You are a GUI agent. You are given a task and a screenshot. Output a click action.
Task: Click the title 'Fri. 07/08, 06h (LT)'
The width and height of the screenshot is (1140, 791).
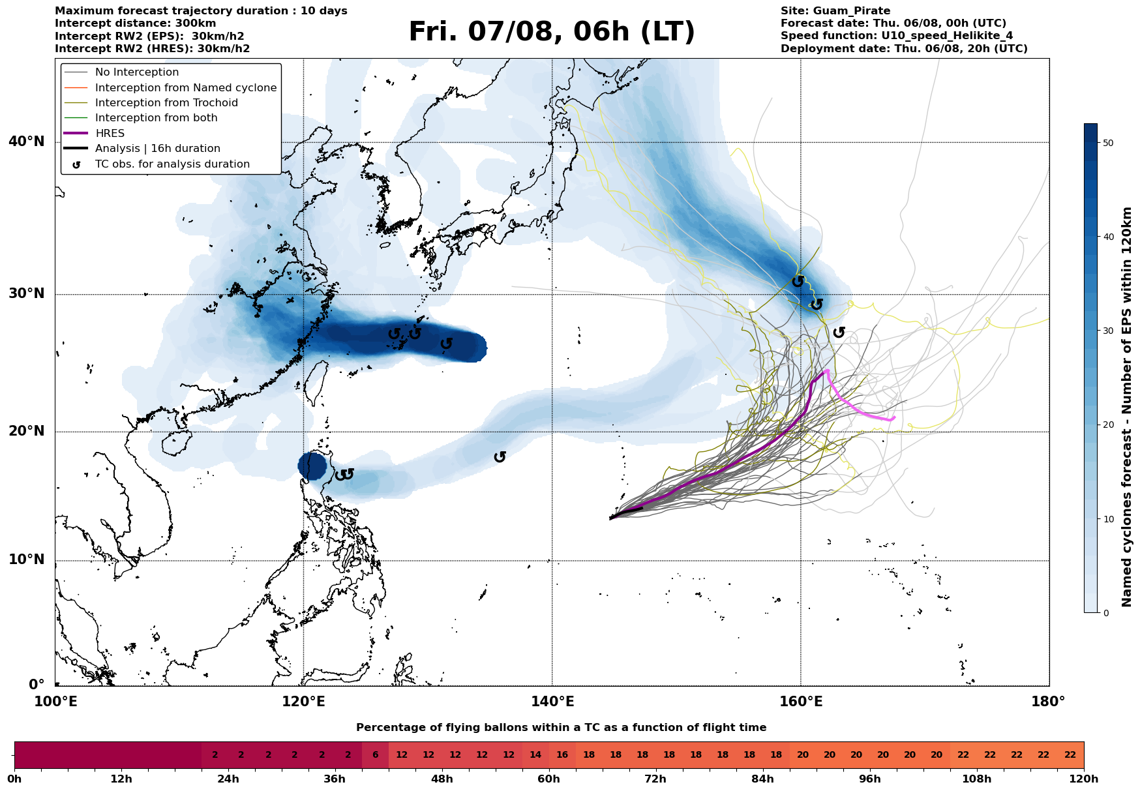tap(552, 32)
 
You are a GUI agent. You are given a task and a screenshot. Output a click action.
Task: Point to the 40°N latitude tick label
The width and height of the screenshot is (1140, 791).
tap(27, 142)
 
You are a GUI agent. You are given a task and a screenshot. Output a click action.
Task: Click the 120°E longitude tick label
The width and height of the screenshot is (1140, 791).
tap(304, 702)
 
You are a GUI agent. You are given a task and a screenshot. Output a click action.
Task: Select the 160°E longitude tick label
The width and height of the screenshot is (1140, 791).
tap(801, 702)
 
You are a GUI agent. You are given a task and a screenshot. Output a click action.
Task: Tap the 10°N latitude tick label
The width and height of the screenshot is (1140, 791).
tap(27, 560)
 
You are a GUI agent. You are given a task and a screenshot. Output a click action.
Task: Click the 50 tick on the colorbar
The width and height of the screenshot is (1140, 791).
tap(1107, 143)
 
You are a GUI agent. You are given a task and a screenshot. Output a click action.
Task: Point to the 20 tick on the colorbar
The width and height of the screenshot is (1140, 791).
tap(1107, 425)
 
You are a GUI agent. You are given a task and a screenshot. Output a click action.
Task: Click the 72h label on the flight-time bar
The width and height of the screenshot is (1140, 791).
tap(655, 779)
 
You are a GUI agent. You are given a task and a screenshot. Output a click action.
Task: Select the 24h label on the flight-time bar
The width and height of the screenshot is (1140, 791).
tap(228, 779)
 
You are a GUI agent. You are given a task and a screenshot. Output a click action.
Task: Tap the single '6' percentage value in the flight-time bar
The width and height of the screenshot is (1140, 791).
tap(375, 755)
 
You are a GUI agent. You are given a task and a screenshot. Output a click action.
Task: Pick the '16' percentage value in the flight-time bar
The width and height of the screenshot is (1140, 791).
tap(562, 755)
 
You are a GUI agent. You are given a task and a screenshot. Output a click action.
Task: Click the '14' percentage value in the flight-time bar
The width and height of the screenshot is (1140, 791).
tap(535, 755)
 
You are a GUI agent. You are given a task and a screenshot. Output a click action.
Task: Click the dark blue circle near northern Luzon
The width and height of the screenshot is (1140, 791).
tap(312, 466)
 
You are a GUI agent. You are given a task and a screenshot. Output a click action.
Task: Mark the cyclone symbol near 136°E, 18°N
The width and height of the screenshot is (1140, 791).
tap(500, 457)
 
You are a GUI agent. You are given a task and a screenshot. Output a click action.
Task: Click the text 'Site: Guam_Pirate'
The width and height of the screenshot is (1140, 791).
tap(835, 11)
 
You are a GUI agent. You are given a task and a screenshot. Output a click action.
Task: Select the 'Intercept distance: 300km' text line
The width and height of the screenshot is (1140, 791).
tap(136, 23)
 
